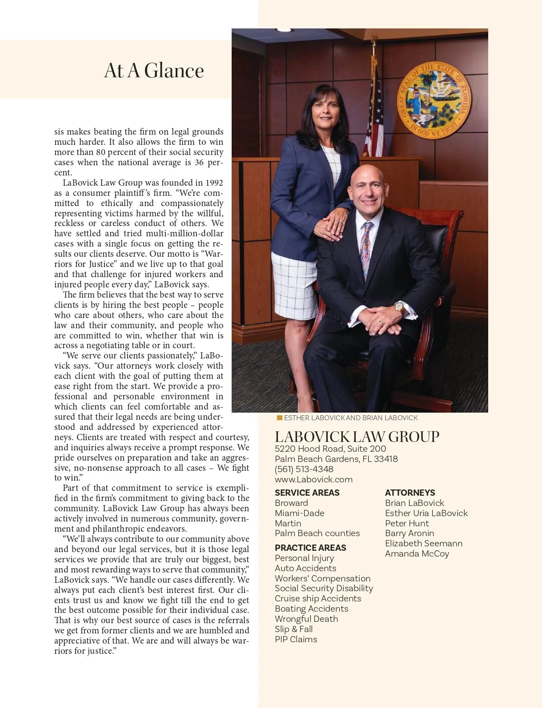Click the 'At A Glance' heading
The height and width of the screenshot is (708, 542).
(x=154, y=71)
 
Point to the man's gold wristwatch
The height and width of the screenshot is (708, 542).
(x=399, y=308)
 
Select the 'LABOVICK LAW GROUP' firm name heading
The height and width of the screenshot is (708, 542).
(x=357, y=437)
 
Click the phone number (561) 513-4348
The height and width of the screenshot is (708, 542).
(x=304, y=469)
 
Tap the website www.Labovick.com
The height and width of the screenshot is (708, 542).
(x=313, y=479)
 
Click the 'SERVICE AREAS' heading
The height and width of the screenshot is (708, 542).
(x=307, y=493)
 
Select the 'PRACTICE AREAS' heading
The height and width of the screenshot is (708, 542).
(x=310, y=548)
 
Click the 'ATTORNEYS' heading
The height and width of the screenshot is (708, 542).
(x=410, y=493)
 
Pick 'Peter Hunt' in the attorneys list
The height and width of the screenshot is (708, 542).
(x=407, y=523)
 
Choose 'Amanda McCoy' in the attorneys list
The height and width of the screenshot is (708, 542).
(x=417, y=553)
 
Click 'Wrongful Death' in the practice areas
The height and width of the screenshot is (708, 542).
(x=306, y=619)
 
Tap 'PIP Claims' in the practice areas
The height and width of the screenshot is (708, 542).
(x=296, y=639)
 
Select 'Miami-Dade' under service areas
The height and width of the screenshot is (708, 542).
(x=299, y=513)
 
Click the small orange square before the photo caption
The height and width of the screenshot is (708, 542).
(x=279, y=418)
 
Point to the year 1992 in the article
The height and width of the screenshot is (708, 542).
(x=214, y=183)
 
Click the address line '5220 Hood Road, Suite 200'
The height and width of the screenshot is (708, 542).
(x=330, y=449)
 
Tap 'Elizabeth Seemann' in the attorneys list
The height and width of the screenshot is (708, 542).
(x=424, y=543)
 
